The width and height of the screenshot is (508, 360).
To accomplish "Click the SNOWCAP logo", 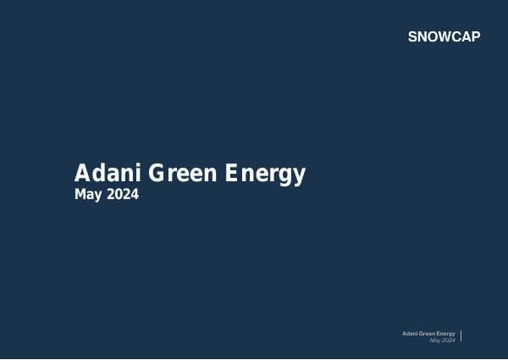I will click(444, 37).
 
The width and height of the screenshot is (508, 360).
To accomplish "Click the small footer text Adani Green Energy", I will click(428, 334).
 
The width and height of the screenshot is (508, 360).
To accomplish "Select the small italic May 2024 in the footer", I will click(442, 341).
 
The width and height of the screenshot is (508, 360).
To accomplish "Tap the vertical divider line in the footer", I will click(461, 336).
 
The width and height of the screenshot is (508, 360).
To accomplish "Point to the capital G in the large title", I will click(158, 174).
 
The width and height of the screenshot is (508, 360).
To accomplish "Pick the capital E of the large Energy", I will click(234, 174).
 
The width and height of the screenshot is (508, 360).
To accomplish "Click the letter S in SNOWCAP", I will click(412, 37).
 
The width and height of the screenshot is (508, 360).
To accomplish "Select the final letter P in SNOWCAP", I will click(476, 37).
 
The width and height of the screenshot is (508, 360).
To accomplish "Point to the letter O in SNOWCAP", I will click(432, 37).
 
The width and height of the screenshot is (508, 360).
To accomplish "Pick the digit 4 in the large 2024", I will click(134, 195).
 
